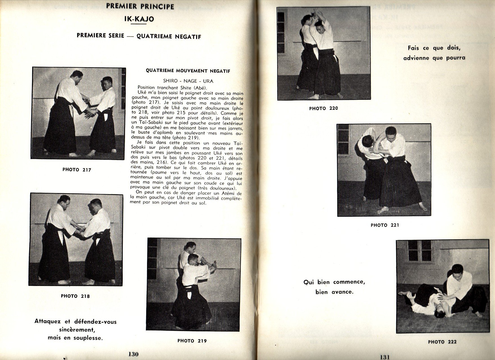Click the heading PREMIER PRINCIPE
pos(140,6)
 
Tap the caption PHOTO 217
pos(77,170)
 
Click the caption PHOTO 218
pos(75,296)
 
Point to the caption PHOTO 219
pos(192,341)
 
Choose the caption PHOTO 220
pos(323,108)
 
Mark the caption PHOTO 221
pos(385,225)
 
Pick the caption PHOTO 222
pos(442,342)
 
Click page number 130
pos(133,354)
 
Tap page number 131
pos(385,357)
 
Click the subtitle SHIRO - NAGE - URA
pos(188,81)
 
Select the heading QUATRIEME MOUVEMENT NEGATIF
pos(188,71)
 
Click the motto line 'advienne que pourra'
pos(434,58)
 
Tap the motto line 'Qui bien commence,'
pos(334,282)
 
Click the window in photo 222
pos(420,251)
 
